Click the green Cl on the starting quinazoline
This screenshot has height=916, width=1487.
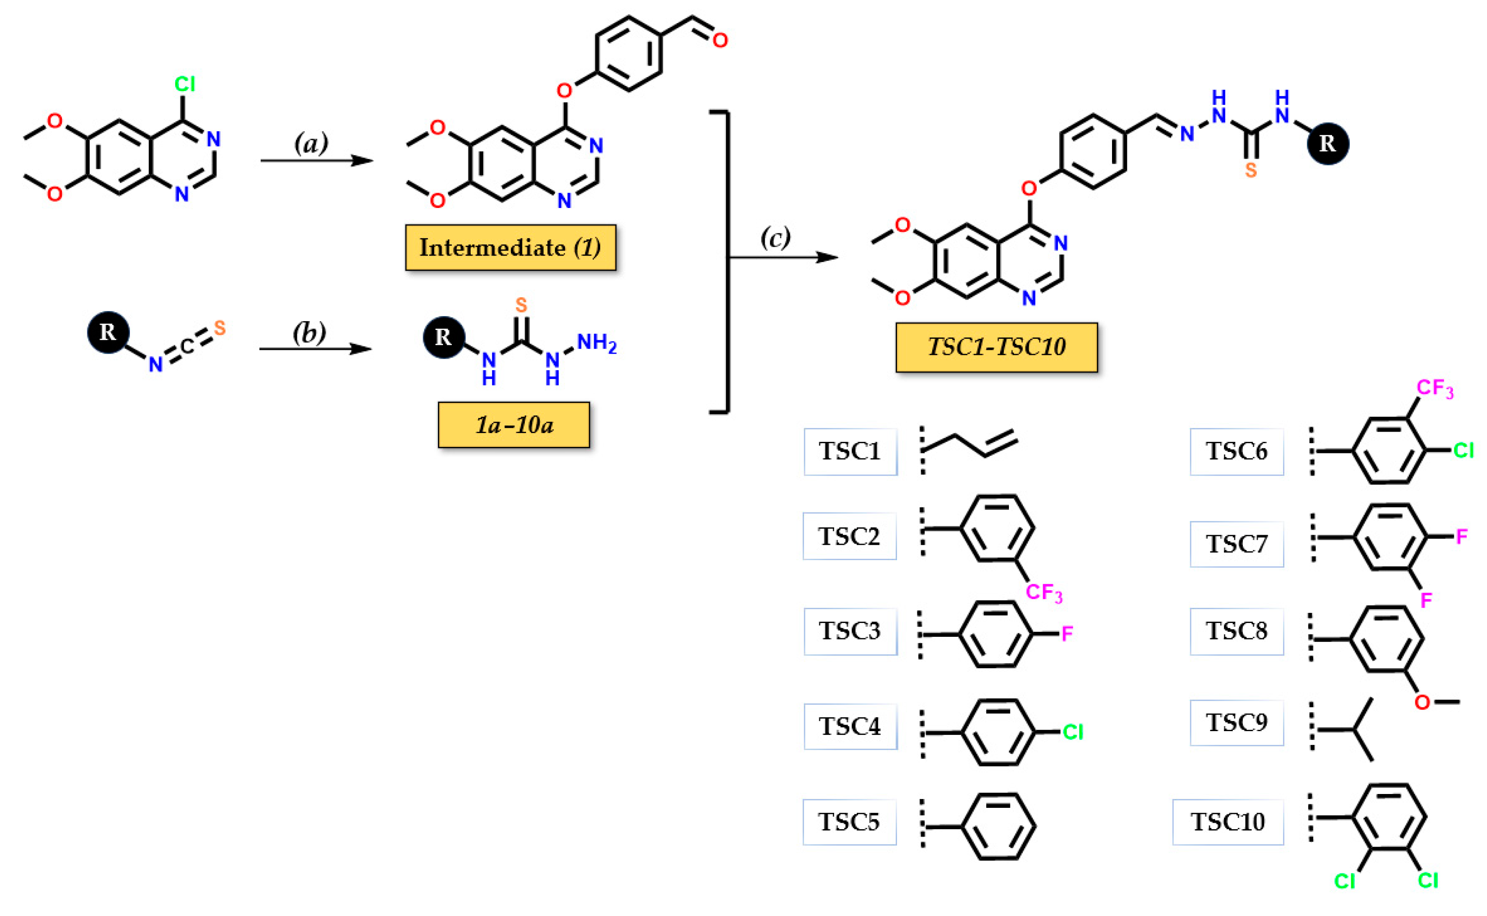(x=185, y=84)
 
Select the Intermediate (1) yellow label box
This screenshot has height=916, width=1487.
(x=510, y=247)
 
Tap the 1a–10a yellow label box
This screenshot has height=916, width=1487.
(x=513, y=425)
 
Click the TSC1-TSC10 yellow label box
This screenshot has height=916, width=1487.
(x=995, y=347)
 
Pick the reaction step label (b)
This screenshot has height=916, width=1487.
(x=309, y=333)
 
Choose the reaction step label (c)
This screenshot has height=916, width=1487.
(x=775, y=237)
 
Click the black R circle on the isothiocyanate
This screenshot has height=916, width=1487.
(x=108, y=332)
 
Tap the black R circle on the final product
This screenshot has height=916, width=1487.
(x=1327, y=144)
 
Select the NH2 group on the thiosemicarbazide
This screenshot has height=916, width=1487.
(x=596, y=343)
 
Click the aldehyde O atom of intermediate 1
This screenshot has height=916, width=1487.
(x=719, y=41)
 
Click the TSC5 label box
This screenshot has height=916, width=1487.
(x=849, y=822)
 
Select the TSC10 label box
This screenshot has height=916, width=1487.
(x=1227, y=822)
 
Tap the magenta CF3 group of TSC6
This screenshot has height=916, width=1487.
(x=1434, y=388)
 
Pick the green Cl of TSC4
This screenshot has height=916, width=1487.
(x=1073, y=732)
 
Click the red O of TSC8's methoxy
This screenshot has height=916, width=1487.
(x=1421, y=702)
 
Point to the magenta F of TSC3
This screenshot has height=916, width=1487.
(x=1067, y=634)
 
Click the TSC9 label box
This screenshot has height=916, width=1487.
(x=1236, y=722)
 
